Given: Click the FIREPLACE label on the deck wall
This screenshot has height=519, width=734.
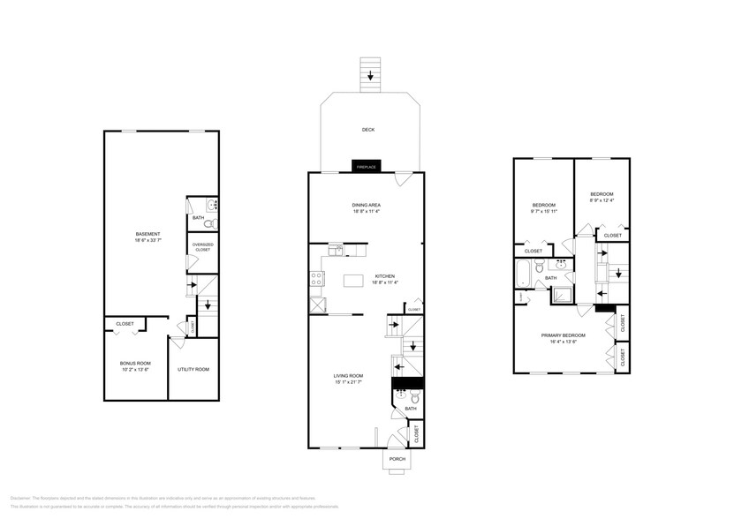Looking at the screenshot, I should click(365, 167).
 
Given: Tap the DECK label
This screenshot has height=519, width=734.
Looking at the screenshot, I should click(367, 130).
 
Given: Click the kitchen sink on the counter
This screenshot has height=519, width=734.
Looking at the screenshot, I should click(337, 251).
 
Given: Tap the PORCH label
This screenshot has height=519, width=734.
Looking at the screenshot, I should click(397, 459).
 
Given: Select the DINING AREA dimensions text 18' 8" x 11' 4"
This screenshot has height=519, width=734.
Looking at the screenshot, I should click(366, 212).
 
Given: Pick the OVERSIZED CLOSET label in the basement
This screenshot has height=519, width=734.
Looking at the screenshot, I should click(202, 246).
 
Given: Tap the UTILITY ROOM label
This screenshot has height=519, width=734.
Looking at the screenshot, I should click(193, 369).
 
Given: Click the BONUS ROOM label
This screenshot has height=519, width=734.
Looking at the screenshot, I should click(135, 363).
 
